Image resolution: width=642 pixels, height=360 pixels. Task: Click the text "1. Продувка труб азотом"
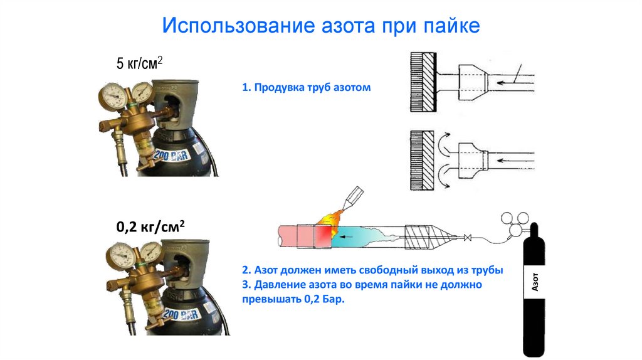307,88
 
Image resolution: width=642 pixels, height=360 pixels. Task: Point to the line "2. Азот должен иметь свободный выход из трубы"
372,270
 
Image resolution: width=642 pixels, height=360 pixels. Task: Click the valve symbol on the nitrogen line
466,238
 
